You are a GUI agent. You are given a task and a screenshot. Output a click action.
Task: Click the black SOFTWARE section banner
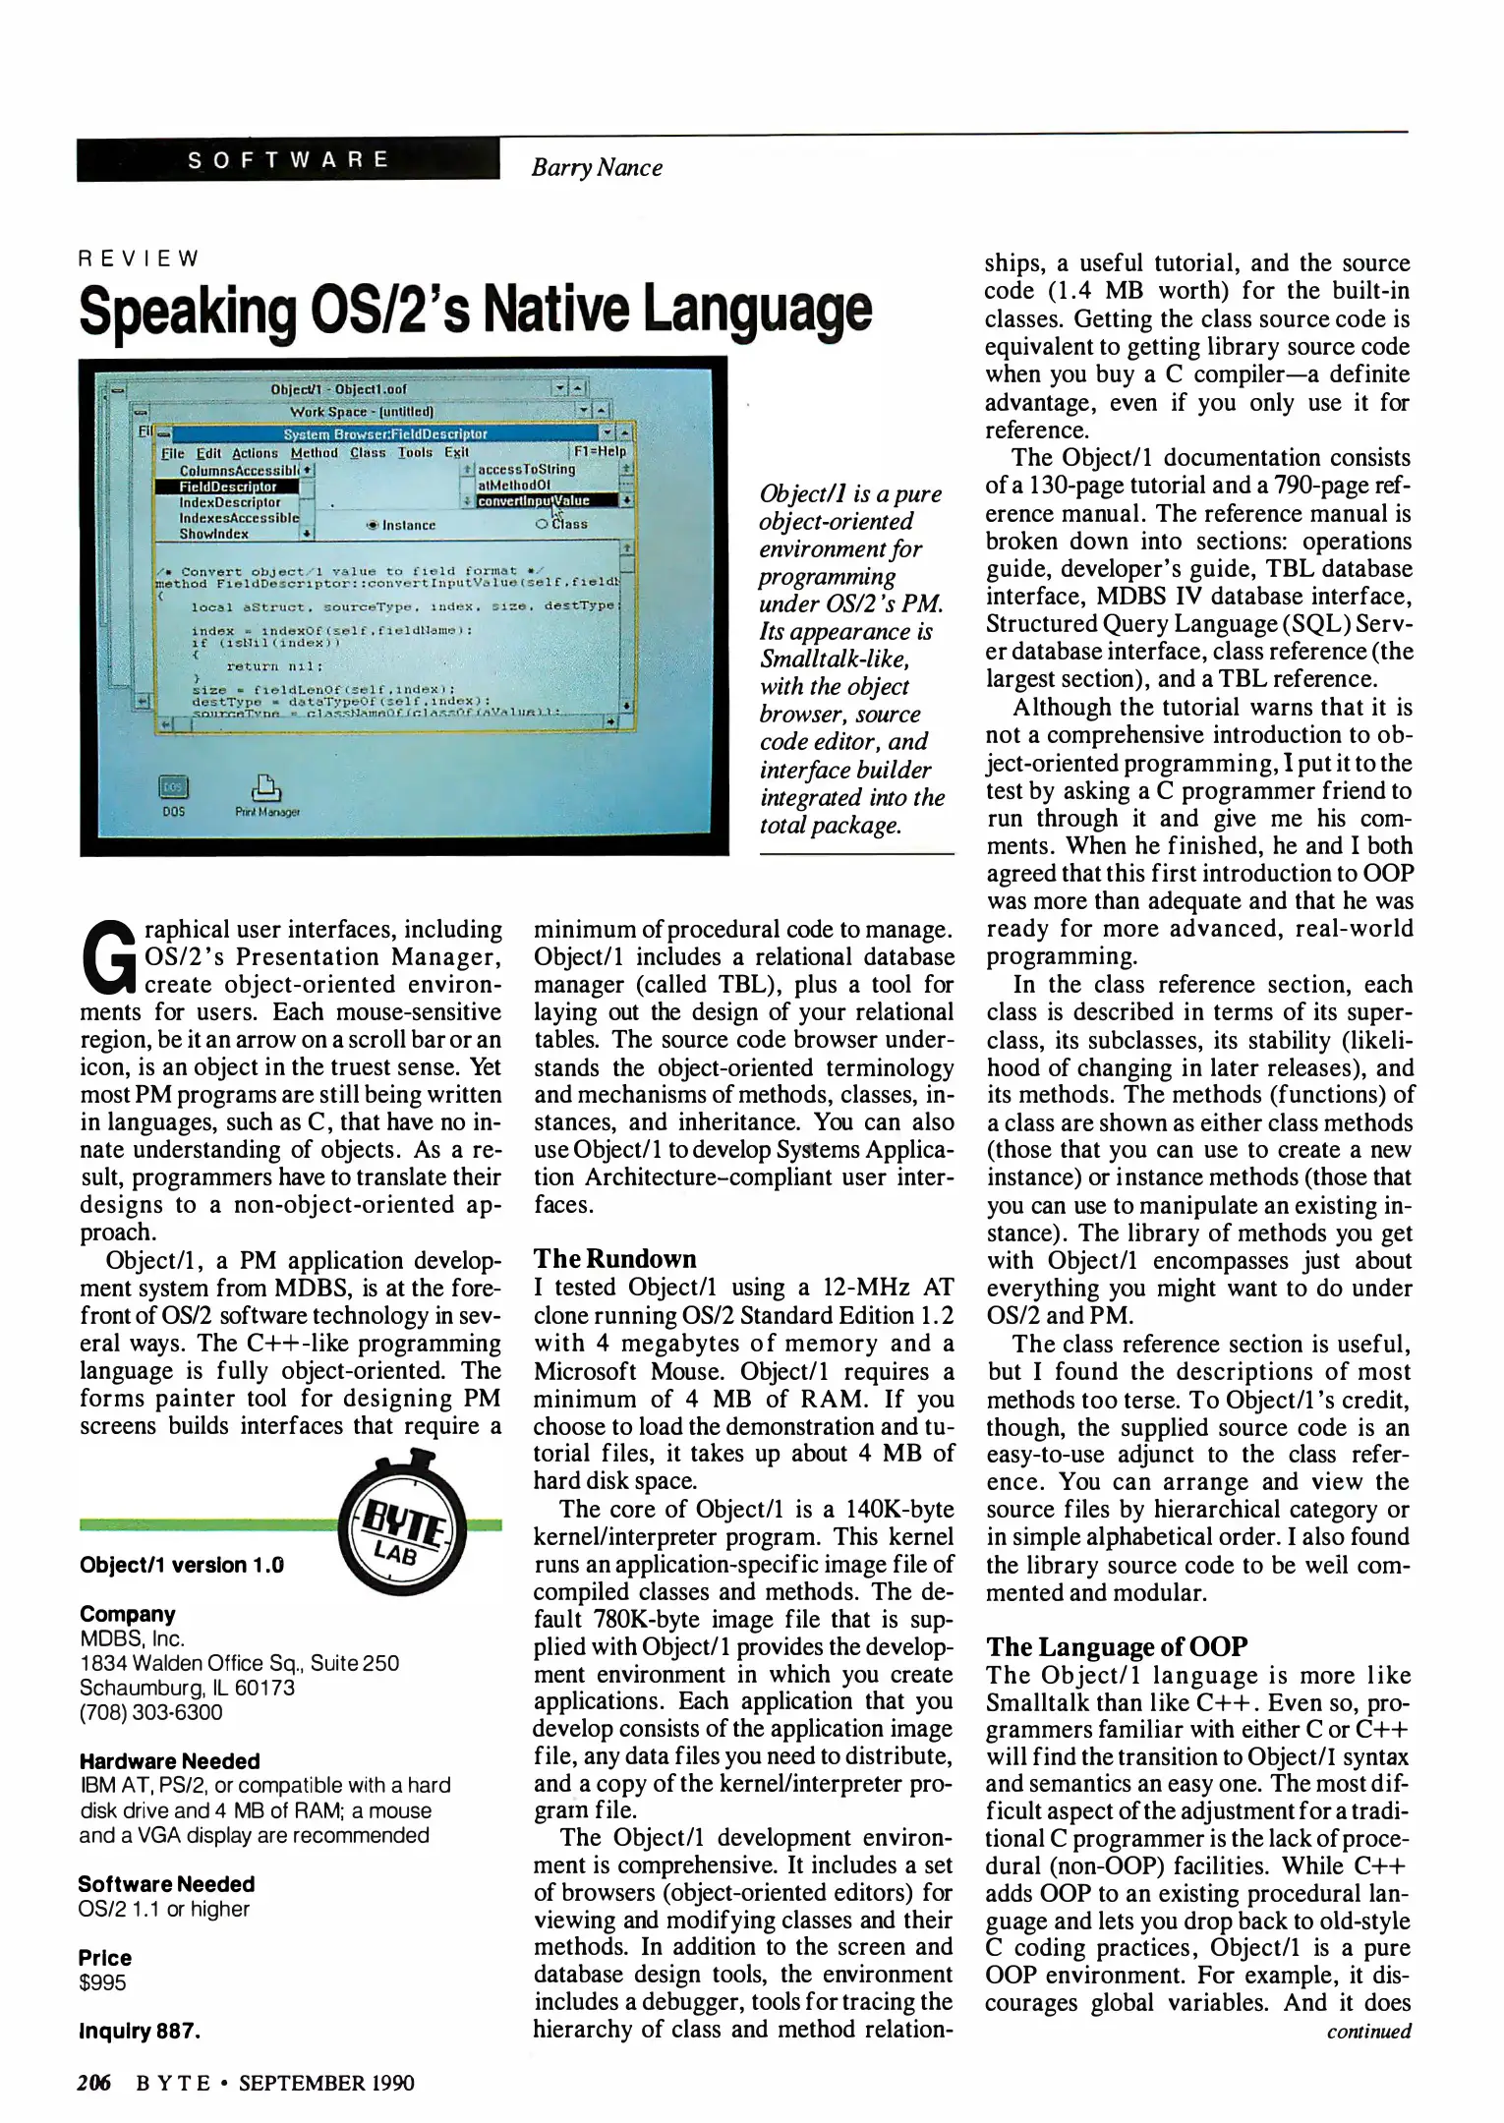click(x=288, y=160)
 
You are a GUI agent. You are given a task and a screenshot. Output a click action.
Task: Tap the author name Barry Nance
click(x=596, y=168)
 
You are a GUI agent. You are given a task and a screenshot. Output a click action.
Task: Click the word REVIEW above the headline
click(x=139, y=259)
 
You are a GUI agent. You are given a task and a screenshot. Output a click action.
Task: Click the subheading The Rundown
click(x=614, y=1259)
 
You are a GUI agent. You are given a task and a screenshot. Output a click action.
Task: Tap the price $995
click(x=102, y=1982)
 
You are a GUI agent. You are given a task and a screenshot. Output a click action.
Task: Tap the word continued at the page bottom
click(x=1368, y=2031)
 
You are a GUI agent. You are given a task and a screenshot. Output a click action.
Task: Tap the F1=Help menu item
click(x=600, y=452)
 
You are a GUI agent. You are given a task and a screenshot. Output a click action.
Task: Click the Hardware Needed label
click(x=169, y=1760)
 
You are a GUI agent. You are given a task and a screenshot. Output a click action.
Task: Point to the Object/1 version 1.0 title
click(x=181, y=1564)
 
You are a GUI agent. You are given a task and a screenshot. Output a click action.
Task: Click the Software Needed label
click(x=166, y=1883)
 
